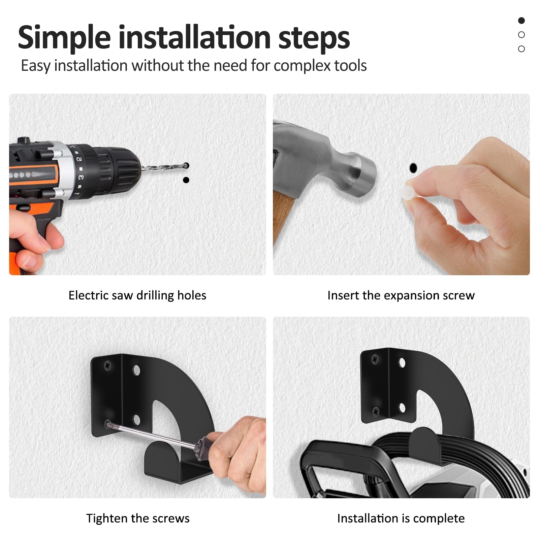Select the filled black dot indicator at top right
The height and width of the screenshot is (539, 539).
pyautogui.click(x=521, y=21)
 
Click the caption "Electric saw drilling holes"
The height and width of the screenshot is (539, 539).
pyautogui.click(x=137, y=295)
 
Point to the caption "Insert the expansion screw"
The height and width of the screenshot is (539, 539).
pyautogui.click(x=401, y=295)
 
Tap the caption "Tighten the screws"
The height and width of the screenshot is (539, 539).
pyautogui.click(x=138, y=518)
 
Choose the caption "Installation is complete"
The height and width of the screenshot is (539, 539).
pyautogui.click(x=401, y=518)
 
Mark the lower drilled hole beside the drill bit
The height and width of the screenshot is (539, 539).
pyautogui.click(x=186, y=180)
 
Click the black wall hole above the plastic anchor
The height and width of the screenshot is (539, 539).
pyautogui.click(x=413, y=167)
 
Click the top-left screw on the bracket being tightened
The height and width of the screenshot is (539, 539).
pyautogui.click(x=108, y=364)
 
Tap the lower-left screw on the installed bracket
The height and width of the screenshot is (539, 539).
pyautogui.click(x=376, y=411)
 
